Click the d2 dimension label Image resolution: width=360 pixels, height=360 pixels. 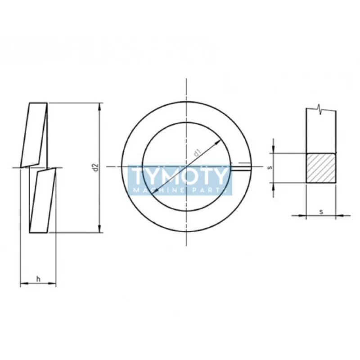point(96,167)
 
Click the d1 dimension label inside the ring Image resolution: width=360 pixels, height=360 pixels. point(197,153)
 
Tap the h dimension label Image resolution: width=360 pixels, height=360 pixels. point(38,279)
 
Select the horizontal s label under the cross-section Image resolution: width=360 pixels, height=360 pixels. point(321,211)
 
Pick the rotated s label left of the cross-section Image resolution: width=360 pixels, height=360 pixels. point(270,167)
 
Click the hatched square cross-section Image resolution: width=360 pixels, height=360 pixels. point(321,168)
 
